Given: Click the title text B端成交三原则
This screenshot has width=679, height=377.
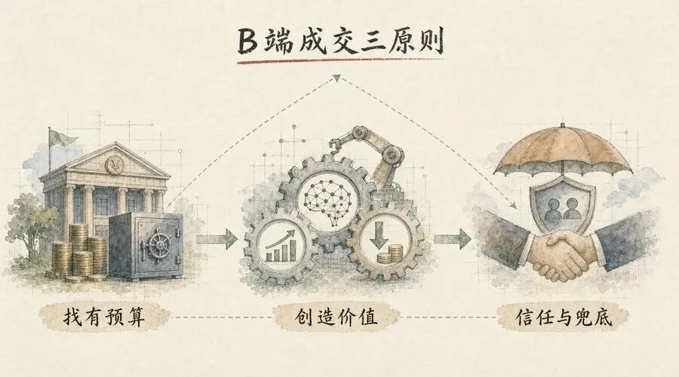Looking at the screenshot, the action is click(340, 41).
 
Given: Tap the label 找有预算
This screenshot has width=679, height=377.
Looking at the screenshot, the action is click(104, 317).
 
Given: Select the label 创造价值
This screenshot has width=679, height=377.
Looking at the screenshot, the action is click(336, 317).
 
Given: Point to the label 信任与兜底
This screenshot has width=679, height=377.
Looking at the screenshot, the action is click(564, 318).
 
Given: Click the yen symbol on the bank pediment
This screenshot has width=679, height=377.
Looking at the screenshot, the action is click(115, 165).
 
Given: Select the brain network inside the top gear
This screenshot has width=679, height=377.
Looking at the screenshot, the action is click(327, 201).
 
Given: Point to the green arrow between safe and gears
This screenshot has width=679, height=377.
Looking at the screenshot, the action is click(217, 239).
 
